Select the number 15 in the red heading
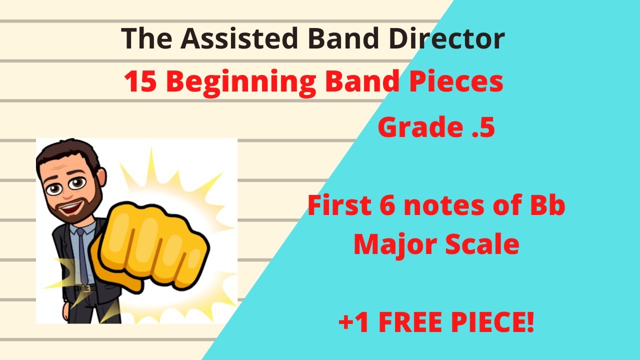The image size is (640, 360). (x=141, y=82)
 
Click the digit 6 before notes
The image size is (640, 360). (x=390, y=206)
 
